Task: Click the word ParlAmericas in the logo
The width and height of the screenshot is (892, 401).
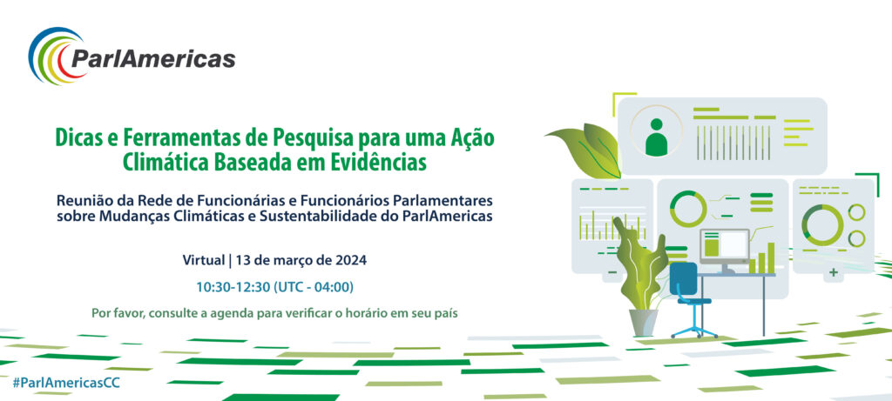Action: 153,58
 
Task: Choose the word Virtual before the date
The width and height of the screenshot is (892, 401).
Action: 204,261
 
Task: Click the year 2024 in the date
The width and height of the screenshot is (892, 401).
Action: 354,261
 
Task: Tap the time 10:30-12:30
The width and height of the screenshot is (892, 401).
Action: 233,287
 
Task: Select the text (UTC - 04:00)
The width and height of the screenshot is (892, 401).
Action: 314,287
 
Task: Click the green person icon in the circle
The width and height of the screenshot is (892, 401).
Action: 656,137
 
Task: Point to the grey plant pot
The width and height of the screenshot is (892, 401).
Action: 644,322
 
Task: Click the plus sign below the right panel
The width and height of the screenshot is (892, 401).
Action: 834,272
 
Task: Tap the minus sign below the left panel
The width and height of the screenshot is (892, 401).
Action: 612,272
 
